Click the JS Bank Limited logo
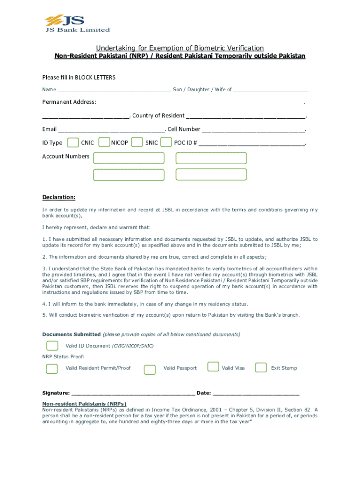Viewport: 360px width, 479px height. tap(77, 23)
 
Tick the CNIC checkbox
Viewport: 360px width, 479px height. tap(73, 143)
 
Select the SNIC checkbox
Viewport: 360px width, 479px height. tap(137, 143)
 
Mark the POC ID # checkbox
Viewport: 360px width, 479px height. tap(166, 143)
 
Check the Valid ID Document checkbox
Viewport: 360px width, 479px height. tap(52, 346)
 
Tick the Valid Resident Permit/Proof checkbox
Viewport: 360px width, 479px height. tap(52, 369)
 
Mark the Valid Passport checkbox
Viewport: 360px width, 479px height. tap(150, 370)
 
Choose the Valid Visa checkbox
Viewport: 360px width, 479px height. tap(213, 366)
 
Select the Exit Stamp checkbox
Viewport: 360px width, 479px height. tap(261, 368)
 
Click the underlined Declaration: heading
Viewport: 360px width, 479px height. tap(59, 197)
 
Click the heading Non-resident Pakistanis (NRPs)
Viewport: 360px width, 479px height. tap(84, 404)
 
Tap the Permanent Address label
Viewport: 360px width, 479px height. tap(69, 102)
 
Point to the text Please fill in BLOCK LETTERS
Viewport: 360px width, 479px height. tap(79, 77)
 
